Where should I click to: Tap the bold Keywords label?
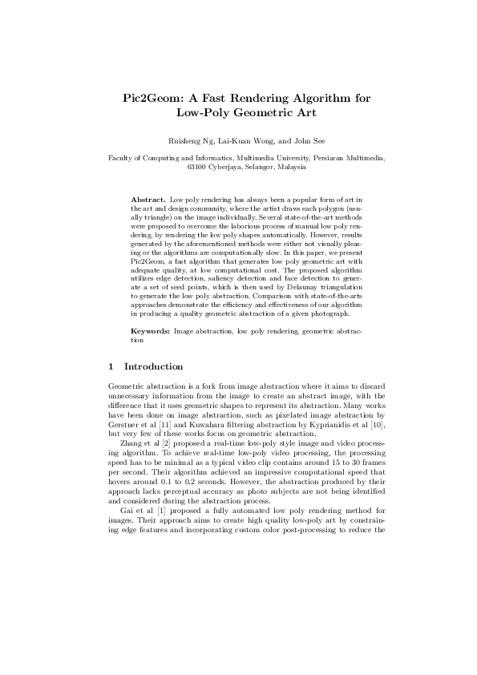[x=150, y=331]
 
